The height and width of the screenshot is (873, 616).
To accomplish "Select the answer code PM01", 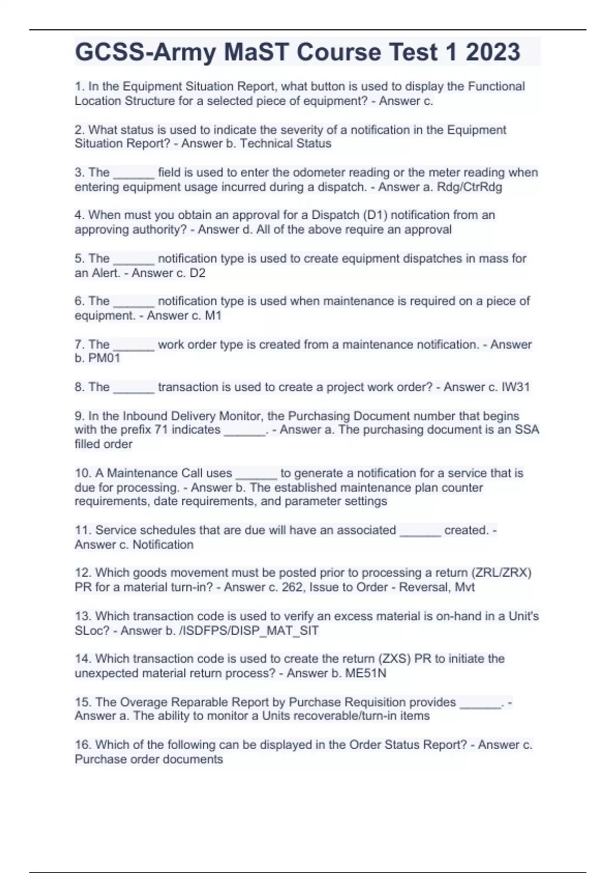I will coord(104,358).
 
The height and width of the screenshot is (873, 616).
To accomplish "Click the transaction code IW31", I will coord(515,387).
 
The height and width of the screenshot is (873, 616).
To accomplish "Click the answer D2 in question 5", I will coord(197,273).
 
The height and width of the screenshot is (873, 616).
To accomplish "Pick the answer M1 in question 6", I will coord(213,315).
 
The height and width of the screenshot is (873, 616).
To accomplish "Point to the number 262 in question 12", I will coord(292,587).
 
